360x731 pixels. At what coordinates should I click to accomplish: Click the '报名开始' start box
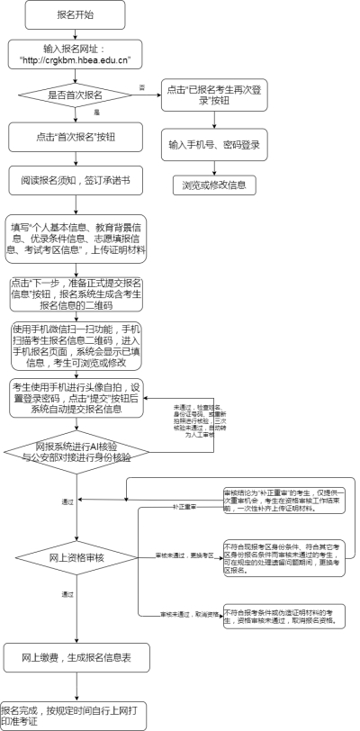(76, 15)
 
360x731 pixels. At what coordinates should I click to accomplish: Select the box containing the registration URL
(76, 54)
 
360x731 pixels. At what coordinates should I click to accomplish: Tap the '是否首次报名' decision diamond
(76, 95)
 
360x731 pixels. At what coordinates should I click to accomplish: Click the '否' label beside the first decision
(141, 86)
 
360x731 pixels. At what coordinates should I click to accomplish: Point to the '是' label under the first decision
(96, 112)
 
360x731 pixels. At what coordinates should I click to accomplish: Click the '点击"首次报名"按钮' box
(76, 136)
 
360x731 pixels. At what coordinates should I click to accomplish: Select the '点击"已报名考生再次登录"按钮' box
(214, 95)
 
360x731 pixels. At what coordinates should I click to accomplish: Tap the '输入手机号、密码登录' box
(214, 144)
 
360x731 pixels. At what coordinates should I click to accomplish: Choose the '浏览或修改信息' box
(214, 185)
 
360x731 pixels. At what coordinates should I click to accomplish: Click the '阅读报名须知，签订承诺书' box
(76, 180)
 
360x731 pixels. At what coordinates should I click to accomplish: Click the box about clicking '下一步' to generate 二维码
(76, 293)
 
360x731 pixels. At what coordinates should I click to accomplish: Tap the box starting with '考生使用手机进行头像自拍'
(76, 398)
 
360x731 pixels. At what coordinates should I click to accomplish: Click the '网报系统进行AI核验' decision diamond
(76, 451)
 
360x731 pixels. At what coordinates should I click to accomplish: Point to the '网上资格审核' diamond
(76, 558)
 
